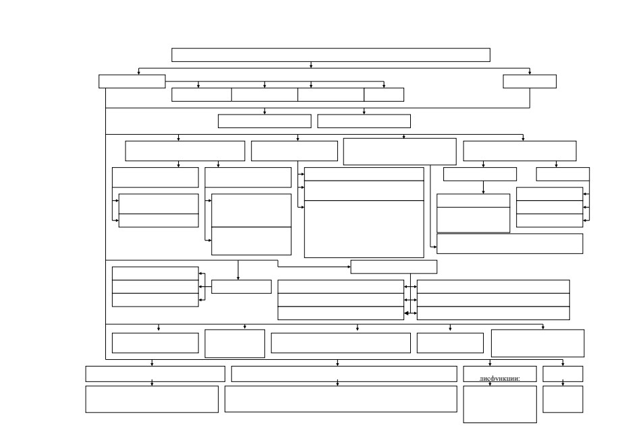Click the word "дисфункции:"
pyautogui.click(x=500, y=378)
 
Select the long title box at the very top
pyautogui.click(x=331, y=55)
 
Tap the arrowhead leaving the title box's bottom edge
pyautogui.click(x=311, y=66)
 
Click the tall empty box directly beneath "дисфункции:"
pyautogui.click(x=500, y=404)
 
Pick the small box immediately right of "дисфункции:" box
pyautogui.click(x=563, y=374)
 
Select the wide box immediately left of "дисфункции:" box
pyautogui.click(x=344, y=374)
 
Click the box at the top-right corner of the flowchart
pyautogui.click(x=530, y=82)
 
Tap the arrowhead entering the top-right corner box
pyautogui.click(x=530, y=73)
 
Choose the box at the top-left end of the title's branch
pyautogui.click(x=132, y=82)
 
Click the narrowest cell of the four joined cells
pyautogui.click(x=384, y=95)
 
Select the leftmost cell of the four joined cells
pyautogui.click(x=202, y=95)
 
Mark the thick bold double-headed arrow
pyautogui.click(x=410, y=313)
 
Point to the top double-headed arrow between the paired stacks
pyautogui.click(x=410, y=287)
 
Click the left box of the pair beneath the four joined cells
pyautogui.click(x=264, y=121)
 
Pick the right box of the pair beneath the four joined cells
pyautogui.click(x=364, y=121)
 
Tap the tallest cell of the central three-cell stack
pyautogui.click(x=364, y=229)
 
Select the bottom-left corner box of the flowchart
pyautogui.click(x=152, y=400)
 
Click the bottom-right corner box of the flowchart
pyautogui.click(x=563, y=400)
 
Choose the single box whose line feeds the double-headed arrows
pyautogui.click(x=394, y=267)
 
